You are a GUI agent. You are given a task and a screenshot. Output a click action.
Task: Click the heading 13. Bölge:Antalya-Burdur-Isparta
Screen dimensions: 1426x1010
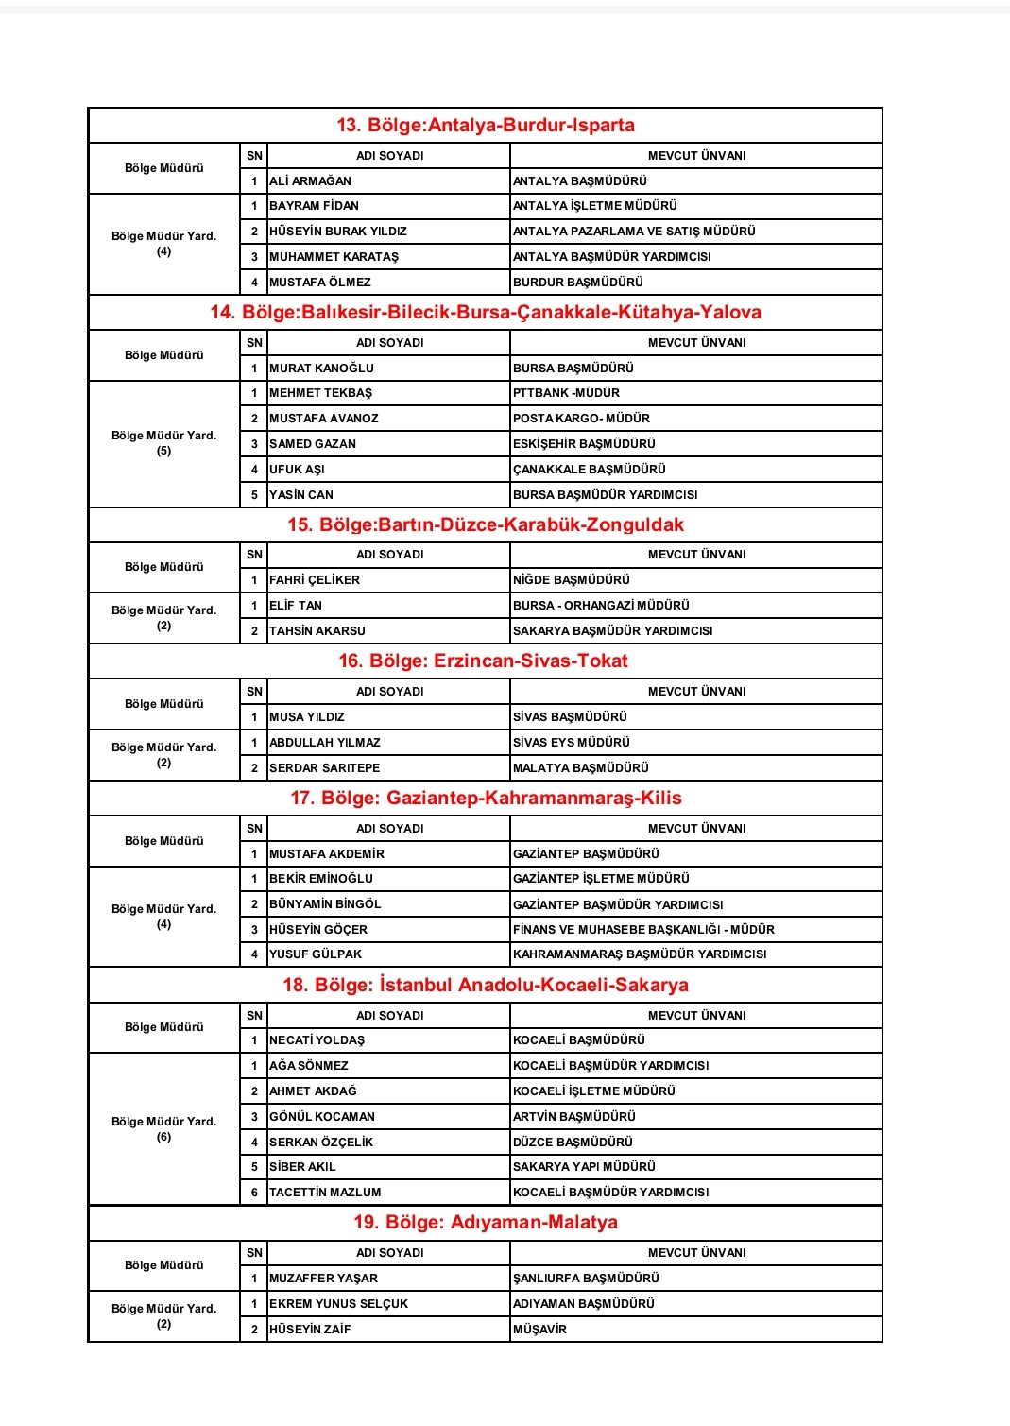point(486,126)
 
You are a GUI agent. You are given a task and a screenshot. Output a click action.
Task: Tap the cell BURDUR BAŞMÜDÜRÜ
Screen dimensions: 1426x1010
point(578,283)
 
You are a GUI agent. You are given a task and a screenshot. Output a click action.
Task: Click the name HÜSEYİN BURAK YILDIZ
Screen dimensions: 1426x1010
point(338,232)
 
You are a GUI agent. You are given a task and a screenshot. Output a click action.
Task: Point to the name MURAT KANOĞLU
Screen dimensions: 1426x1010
point(321,369)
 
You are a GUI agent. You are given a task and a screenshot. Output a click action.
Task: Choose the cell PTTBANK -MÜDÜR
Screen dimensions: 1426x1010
point(567,393)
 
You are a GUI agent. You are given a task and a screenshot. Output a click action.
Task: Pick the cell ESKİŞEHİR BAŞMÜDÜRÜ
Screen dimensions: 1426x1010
point(584,444)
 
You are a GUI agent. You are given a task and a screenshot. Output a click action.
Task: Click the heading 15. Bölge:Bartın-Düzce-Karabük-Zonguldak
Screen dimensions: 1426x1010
point(486,525)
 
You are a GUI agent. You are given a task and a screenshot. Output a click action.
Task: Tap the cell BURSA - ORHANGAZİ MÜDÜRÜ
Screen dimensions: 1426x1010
point(601,606)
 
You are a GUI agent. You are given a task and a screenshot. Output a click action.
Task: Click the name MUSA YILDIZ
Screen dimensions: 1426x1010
point(307,717)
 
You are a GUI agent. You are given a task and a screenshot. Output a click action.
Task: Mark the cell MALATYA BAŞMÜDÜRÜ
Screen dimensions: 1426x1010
point(581,768)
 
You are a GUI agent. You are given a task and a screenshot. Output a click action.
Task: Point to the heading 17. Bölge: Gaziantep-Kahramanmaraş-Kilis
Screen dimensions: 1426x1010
point(486,799)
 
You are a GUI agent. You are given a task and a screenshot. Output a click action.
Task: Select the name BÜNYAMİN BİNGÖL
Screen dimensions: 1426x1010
point(325,904)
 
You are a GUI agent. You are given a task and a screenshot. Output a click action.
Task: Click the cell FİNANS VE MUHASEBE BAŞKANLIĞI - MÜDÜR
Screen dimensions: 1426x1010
point(643,930)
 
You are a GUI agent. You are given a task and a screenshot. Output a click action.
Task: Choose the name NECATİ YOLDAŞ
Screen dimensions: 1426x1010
point(317,1040)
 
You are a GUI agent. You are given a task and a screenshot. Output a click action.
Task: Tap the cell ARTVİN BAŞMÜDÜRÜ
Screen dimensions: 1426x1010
point(574,1117)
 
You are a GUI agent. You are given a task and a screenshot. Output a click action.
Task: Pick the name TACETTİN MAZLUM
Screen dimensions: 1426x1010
point(325,1193)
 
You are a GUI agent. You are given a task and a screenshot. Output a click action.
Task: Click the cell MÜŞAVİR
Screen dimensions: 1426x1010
point(540,1330)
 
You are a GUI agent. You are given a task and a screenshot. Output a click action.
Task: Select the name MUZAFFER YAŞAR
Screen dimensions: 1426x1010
point(323,1279)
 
